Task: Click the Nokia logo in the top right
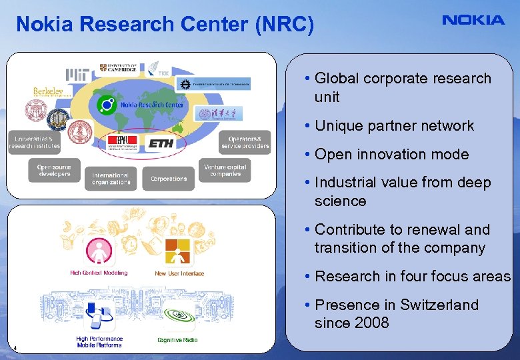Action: tap(473, 20)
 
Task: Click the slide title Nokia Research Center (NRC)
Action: tap(165, 25)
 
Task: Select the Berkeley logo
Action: tap(48, 91)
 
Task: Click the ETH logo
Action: tap(161, 143)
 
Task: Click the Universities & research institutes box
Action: tap(34, 142)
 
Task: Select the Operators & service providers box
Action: tap(245, 142)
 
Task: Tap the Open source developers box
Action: tap(54, 170)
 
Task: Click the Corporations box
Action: tap(168, 179)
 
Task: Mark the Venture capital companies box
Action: tap(225, 170)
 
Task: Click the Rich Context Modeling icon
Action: tap(98, 251)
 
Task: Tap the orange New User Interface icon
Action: tap(179, 253)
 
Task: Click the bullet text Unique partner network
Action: tap(394, 126)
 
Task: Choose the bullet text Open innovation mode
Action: tap(391, 155)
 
